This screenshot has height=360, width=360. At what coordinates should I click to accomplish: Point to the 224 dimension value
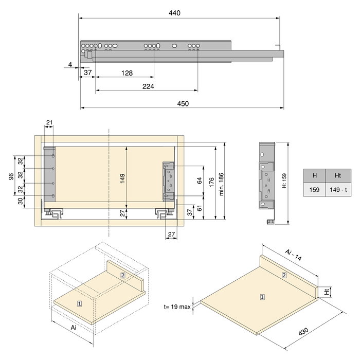[148, 86]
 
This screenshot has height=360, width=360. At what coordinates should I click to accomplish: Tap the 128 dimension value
[127, 73]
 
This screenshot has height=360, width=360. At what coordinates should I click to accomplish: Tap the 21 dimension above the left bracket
[49, 122]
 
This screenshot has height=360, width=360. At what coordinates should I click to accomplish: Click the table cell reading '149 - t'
[338, 190]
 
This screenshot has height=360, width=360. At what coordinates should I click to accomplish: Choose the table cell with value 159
[314, 190]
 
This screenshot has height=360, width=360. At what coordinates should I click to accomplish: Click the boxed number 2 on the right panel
[284, 276]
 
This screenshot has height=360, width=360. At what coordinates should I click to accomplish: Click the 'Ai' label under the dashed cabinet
[73, 327]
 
